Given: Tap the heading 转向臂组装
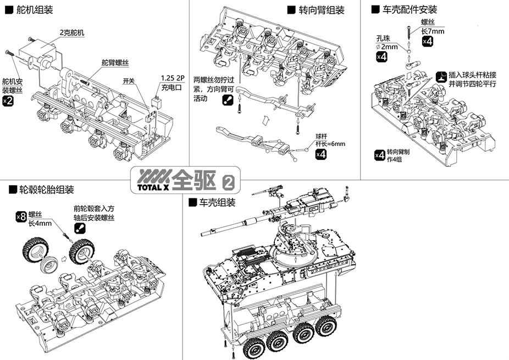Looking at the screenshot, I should pos(322,10).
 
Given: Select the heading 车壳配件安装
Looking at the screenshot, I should pos(410,9).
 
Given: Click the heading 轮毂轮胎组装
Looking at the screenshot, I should pos(47,190).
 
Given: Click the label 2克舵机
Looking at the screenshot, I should pos(72,32).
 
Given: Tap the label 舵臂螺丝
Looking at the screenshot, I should pos(115,63).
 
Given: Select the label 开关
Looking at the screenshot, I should pos(129,81).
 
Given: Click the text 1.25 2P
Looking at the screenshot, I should pos(173,77).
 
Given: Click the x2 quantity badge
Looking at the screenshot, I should pos(8,101).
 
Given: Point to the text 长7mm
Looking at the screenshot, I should pos(432,31).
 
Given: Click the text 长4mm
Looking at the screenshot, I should pos(40,223).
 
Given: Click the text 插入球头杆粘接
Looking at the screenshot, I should pos(473,75).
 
